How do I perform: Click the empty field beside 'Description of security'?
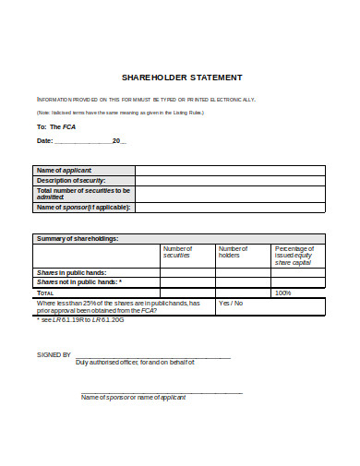(x=230, y=181)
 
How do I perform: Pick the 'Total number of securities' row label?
(x=82, y=194)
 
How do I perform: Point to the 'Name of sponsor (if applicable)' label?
(x=83, y=208)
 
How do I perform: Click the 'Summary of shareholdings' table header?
(x=77, y=238)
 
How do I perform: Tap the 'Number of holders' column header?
(x=232, y=252)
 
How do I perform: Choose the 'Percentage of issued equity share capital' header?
(x=296, y=256)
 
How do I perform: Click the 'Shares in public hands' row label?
(x=71, y=272)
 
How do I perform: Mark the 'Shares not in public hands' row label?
(x=78, y=282)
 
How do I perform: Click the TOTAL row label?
(x=46, y=293)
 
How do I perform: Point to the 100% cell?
(x=282, y=293)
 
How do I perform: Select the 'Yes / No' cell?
(x=230, y=302)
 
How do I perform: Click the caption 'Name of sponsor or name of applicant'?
(x=133, y=397)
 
